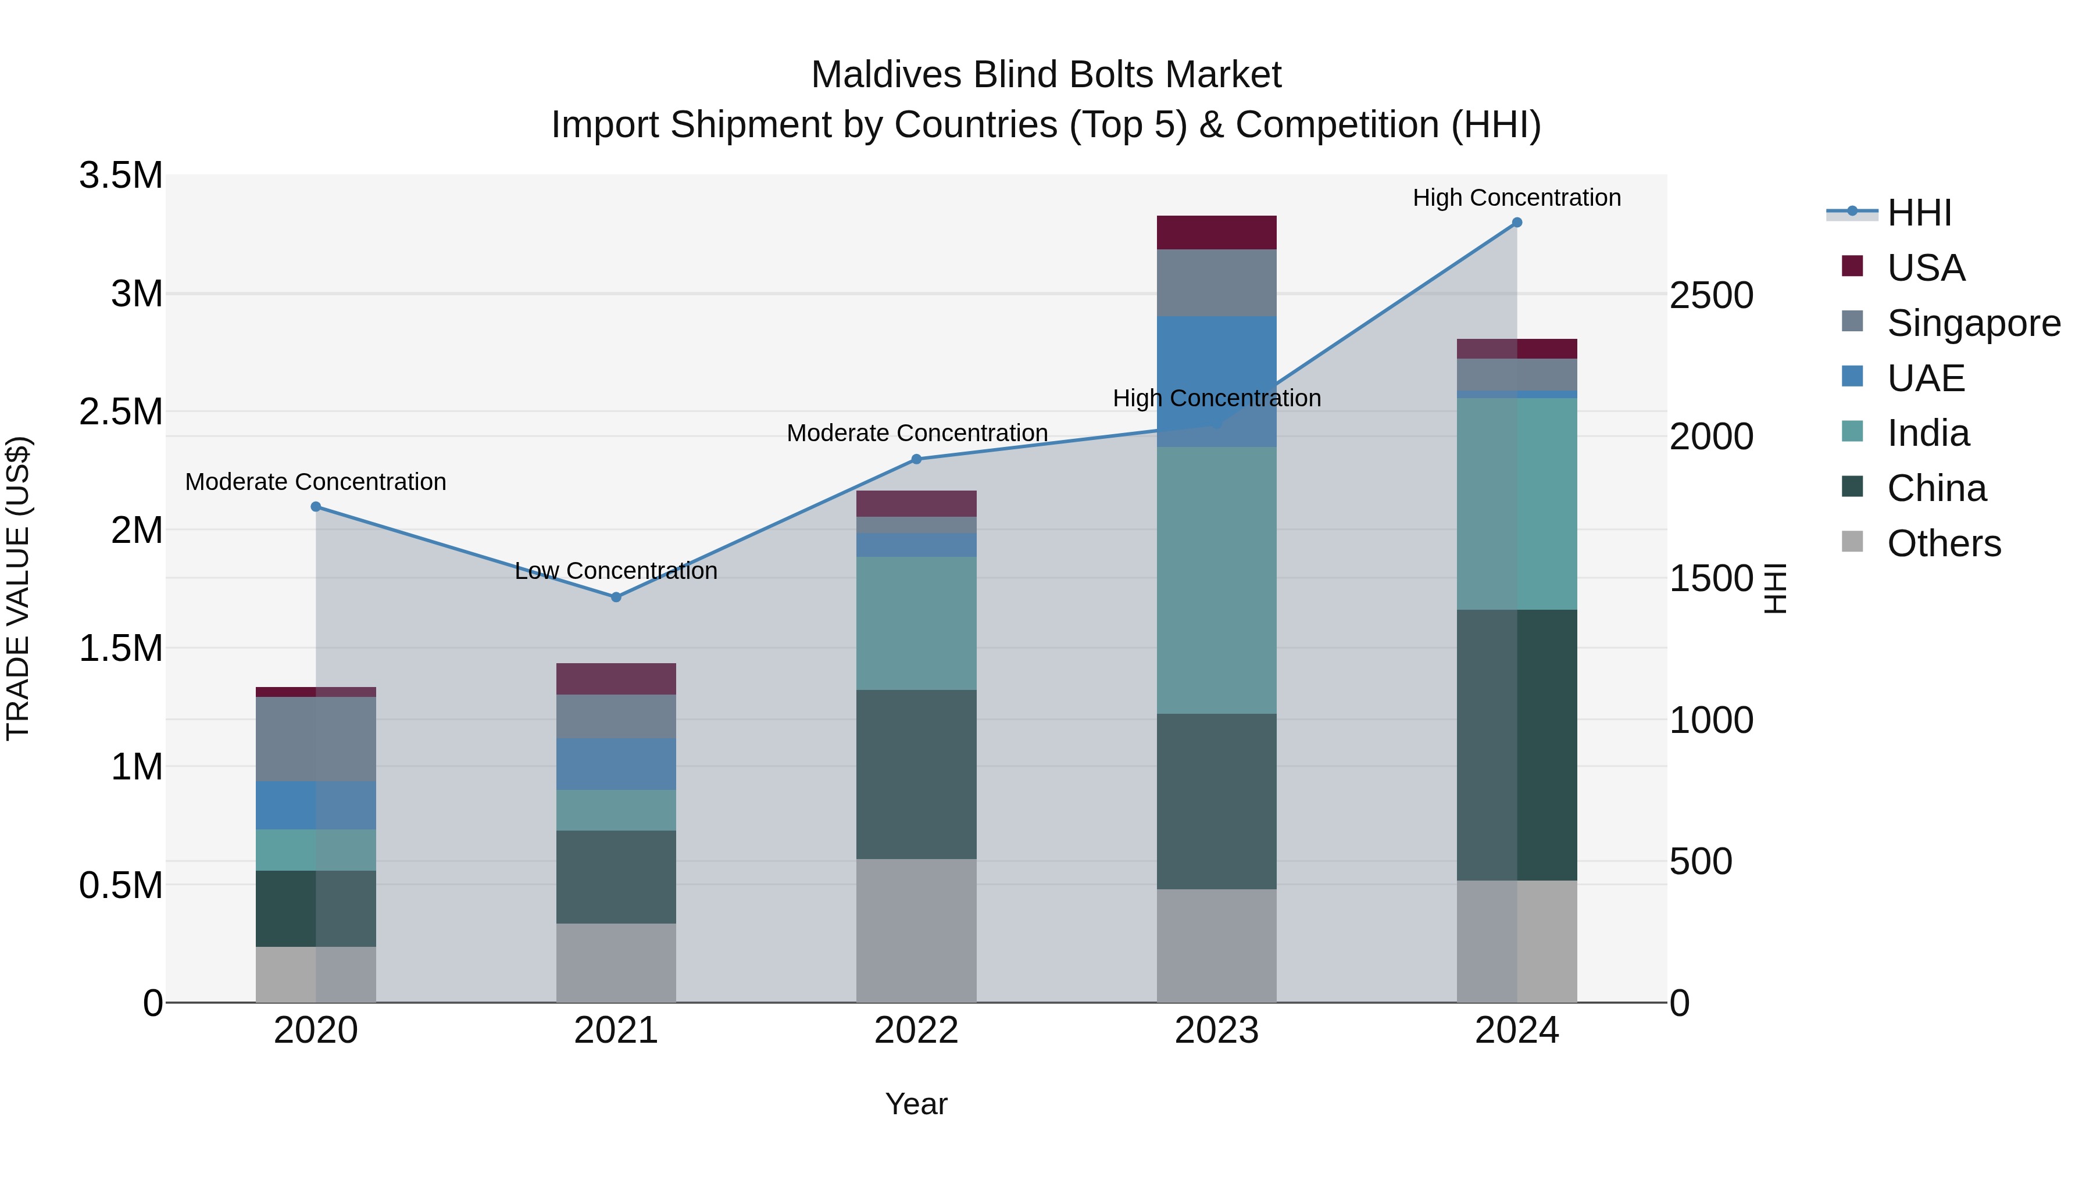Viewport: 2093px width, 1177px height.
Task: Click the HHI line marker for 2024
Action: click(x=1516, y=223)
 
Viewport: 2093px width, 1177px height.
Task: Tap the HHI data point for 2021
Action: click(x=616, y=597)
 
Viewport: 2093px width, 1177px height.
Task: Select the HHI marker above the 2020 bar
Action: click(x=316, y=507)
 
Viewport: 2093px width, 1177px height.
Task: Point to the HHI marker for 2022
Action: click(x=916, y=459)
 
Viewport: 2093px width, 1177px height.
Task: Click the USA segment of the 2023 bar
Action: click(x=1216, y=233)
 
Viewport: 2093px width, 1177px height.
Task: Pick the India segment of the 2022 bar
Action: click(x=916, y=623)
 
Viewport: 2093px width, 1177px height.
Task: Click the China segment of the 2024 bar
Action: click(x=1516, y=745)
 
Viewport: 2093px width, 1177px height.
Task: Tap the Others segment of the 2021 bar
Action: click(x=616, y=963)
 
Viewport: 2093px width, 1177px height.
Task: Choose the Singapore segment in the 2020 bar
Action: click(x=316, y=739)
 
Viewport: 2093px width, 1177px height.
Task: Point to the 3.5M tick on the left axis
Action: click(x=120, y=176)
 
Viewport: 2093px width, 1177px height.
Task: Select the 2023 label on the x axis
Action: click(x=1216, y=1031)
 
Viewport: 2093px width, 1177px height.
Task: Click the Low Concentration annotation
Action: click(x=616, y=571)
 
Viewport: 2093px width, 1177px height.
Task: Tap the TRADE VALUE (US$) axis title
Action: click(x=18, y=588)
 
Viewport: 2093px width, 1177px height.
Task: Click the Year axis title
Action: click(x=916, y=1104)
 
